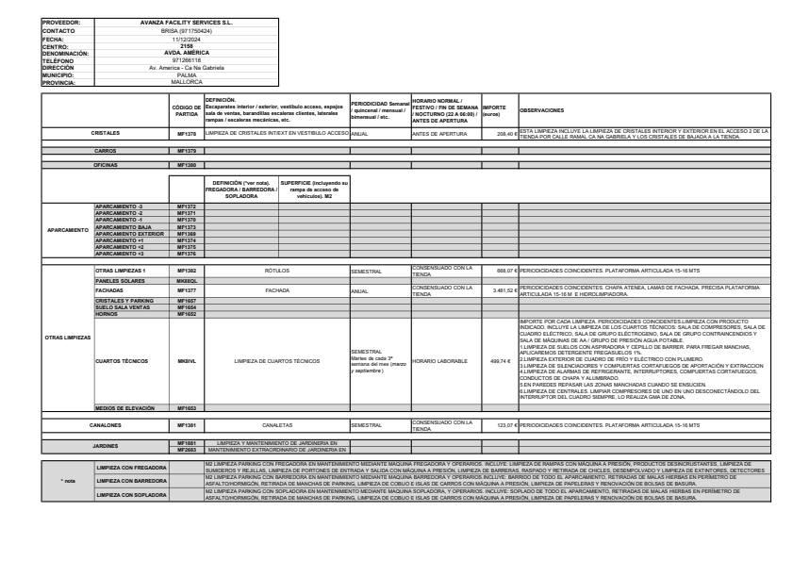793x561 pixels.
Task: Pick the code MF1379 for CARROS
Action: pos(186,150)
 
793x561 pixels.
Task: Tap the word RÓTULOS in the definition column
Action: pos(277,270)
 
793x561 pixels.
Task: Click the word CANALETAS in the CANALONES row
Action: pos(277,425)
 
